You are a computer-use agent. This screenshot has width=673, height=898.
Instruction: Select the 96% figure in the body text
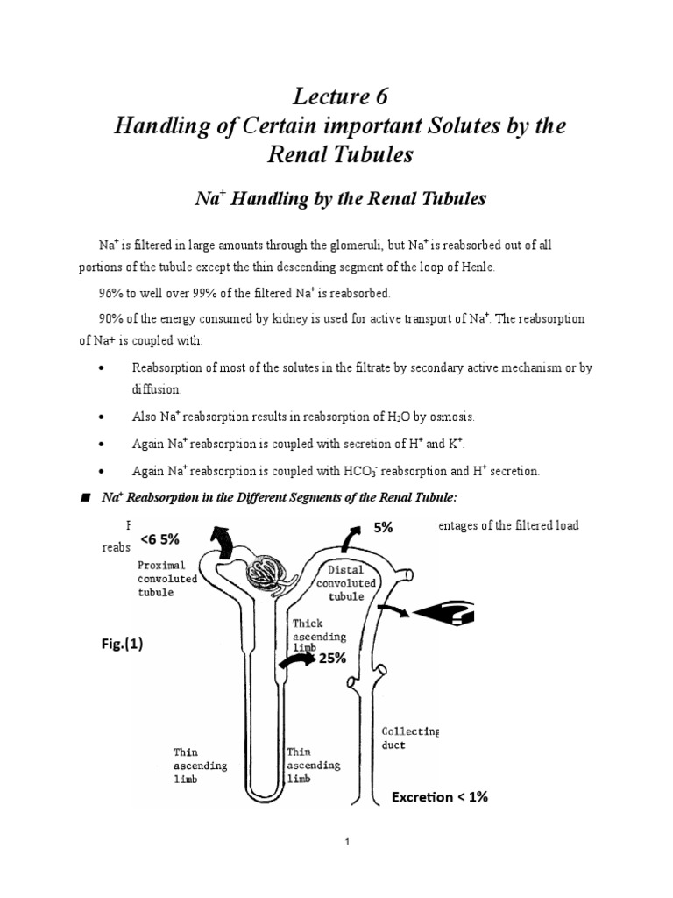tap(112, 292)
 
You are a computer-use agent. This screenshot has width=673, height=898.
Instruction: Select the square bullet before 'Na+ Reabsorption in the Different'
tap(86, 497)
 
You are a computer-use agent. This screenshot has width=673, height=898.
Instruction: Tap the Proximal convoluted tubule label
tap(167, 579)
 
